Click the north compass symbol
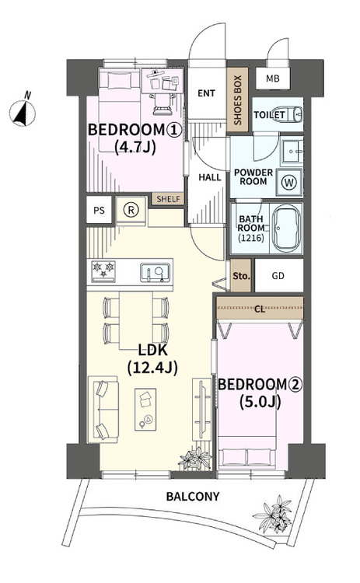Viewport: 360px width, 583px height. click(23, 111)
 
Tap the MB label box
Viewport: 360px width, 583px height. click(273, 79)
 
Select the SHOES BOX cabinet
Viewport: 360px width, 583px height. click(237, 100)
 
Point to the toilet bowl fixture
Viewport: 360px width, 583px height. click(297, 114)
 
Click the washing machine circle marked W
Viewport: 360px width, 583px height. click(289, 183)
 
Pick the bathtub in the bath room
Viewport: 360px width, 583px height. click(286, 229)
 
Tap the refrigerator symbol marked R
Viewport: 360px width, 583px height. click(131, 211)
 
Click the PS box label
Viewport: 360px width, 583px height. click(99, 211)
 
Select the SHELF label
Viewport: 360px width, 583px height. click(168, 199)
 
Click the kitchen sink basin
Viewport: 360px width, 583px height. click(155, 273)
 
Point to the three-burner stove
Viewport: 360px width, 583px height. click(103, 271)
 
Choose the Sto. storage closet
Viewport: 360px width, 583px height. click(241, 275)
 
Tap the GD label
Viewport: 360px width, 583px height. click(278, 275)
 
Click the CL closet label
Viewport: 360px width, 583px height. click(260, 309)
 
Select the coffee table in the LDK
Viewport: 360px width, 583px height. click(145, 410)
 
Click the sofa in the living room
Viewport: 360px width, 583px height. click(103, 410)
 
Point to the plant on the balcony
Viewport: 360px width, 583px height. click(274, 515)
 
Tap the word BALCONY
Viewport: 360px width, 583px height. click(193, 497)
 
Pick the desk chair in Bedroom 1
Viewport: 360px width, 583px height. click(162, 103)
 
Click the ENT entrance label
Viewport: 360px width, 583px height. click(206, 93)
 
